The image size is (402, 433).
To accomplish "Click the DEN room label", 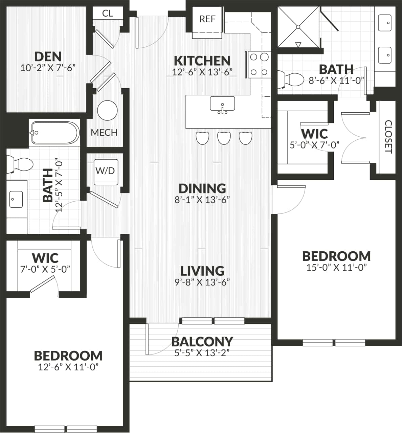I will pyautogui.click(x=48, y=56).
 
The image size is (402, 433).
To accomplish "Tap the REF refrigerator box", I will pyautogui.click(x=207, y=19).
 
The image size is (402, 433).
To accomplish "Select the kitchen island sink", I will pyautogui.click(x=222, y=104).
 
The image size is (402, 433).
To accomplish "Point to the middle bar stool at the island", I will pyautogui.click(x=224, y=138).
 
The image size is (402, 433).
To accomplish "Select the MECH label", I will pyautogui.click(x=104, y=132).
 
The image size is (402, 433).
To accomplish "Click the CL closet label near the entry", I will pyautogui.click(x=108, y=14).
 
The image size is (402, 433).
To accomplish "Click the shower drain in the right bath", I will pyautogui.click(x=298, y=26).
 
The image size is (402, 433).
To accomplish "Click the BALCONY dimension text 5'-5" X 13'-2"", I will pyautogui.click(x=202, y=353).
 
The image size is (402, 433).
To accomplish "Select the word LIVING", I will pyautogui.click(x=202, y=271).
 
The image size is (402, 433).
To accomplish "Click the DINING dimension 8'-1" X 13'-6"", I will pyautogui.click(x=202, y=200).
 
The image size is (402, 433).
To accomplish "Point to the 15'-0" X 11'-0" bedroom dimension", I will pyautogui.click(x=336, y=268).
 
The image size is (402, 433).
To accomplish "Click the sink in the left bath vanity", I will pyautogui.click(x=15, y=199).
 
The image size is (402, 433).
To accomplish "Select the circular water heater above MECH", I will pyautogui.click(x=107, y=110).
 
